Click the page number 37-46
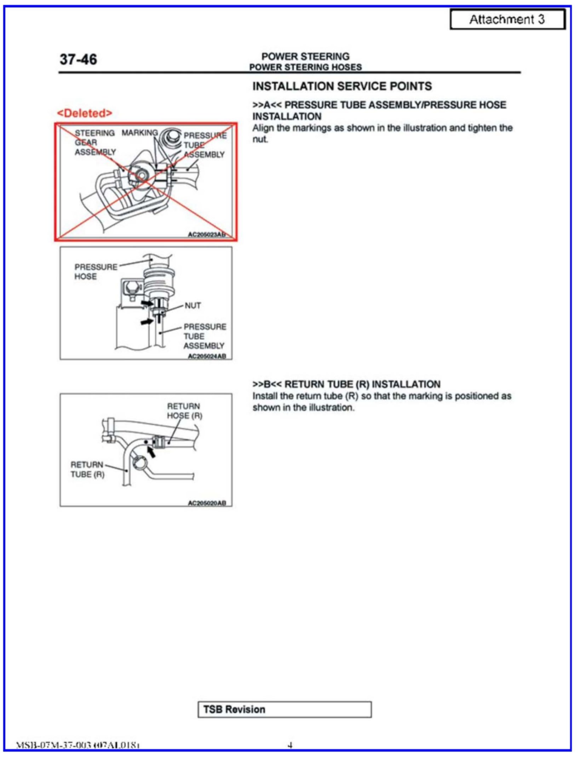(78, 59)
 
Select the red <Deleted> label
(85, 113)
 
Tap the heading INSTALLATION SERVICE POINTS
(342, 86)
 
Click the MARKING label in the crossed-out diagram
(139, 133)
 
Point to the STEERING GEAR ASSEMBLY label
(94, 143)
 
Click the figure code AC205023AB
(206, 234)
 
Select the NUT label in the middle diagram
(193, 305)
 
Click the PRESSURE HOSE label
(95, 272)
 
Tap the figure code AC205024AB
(207, 356)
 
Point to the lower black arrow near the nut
(146, 322)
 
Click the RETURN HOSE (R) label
(184, 411)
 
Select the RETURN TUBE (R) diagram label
(87, 469)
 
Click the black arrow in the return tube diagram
(151, 451)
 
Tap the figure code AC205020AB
(207, 503)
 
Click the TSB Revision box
(285, 709)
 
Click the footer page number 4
(290, 745)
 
